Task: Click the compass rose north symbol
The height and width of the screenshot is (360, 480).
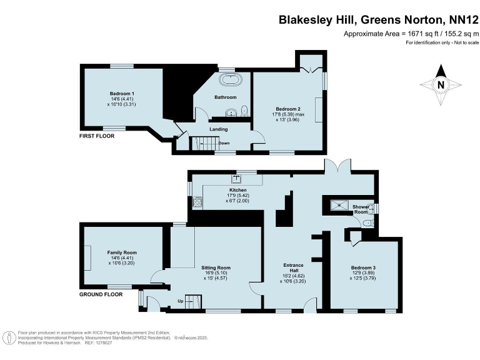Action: click(x=441, y=85)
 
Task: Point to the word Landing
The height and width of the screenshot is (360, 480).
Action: click(x=218, y=129)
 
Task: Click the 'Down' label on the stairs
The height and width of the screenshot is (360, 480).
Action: click(x=223, y=143)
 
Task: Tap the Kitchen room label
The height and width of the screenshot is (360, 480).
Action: click(x=237, y=190)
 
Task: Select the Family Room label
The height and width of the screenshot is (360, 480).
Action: click(x=122, y=252)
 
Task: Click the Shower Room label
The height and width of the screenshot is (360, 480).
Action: click(x=361, y=209)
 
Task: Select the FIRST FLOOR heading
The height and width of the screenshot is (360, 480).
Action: click(x=97, y=136)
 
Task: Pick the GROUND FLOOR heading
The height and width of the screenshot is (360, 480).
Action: click(x=101, y=294)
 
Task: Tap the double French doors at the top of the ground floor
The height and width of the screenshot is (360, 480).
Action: click(x=336, y=167)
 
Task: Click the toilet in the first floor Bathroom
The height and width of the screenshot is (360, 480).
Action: click(x=244, y=111)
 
